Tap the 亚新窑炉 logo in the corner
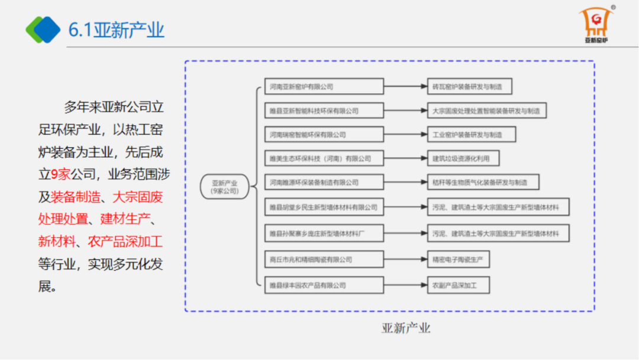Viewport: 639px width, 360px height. point(596,26)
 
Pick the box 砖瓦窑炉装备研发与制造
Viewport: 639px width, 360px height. point(469,87)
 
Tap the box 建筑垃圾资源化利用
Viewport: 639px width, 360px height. point(463,159)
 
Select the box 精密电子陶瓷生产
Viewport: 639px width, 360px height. point(459,259)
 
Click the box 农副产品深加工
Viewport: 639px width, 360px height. point(459,285)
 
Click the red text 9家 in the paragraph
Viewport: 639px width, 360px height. point(61,174)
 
